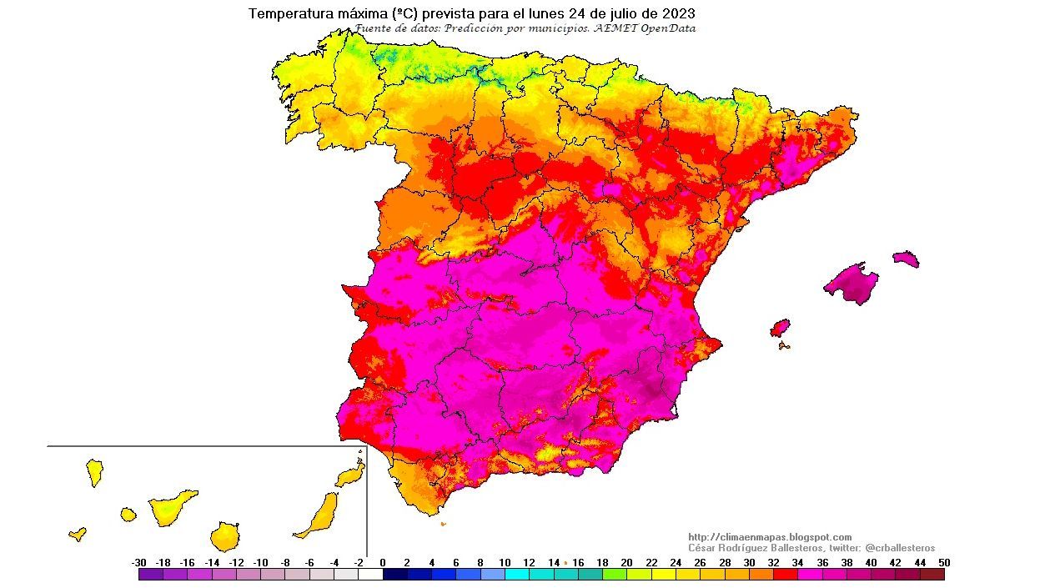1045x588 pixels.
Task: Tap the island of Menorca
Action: pyautogui.click(x=906, y=259)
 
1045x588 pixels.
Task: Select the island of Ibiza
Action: pyautogui.click(x=780, y=327)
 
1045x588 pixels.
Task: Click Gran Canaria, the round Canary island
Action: pyautogui.click(x=225, y=536)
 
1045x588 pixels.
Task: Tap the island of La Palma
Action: pyautogui.click(x=94, y=472)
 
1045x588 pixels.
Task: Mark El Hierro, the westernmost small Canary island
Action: pyautogui.click(x=78, y=534)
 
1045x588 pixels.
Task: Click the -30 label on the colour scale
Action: pyautogui.click(x=139, y=562)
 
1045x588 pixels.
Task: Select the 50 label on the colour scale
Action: pyautogui.click(x=943, y=562)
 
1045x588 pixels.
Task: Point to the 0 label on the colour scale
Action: pyautogui.click(x=383, y=562)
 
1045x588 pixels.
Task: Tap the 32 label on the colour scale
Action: pyautogui.click(x=773, y=562)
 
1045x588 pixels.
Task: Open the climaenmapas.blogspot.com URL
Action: pyautogui.click(x=770, y=537)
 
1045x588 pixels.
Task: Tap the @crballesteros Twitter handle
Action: pyautogui.click(x=900, y=548)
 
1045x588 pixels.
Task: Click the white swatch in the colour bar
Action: pyautogui.click(x=370, y=574)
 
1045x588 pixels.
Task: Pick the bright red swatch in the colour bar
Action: pyautogui.click(x=786, y=574)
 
